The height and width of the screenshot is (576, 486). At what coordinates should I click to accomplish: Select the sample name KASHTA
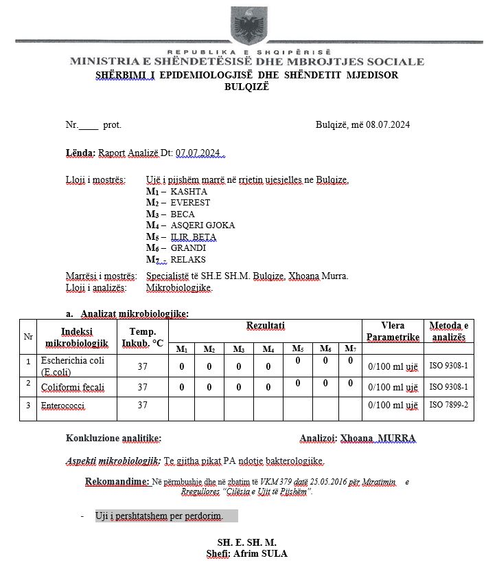click(189, 192)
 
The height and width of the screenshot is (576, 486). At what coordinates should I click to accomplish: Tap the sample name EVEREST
click(191, 203)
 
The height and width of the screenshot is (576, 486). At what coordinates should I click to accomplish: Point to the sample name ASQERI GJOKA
click(202, 225)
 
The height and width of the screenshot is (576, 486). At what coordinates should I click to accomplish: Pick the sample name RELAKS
click(188, 260)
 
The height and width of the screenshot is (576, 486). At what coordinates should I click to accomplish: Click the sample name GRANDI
click(188, 248)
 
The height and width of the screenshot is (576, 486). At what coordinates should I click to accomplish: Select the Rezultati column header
click(266, 325)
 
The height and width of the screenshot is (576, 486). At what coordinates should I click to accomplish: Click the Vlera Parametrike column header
click(392, 331)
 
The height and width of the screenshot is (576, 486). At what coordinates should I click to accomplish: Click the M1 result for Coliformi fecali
click(182, 388)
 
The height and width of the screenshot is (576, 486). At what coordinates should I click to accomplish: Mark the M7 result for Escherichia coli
click(349, 360)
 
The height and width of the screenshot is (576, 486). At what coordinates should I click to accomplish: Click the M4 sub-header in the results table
click(268, 349)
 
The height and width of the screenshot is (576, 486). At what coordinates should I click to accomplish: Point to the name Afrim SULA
click(260, 553)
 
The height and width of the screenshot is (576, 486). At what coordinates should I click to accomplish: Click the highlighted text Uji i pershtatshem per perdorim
click(167, 516)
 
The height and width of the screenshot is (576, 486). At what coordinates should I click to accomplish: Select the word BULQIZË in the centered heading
click(247, 87)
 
